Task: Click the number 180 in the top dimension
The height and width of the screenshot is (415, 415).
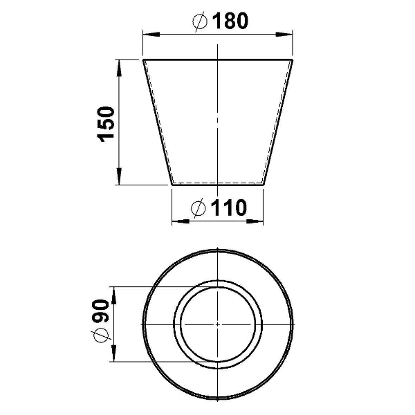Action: pyautogui.click(x=230, y=21)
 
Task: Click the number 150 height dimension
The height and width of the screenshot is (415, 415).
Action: pyautogui.click(x=107, y=124)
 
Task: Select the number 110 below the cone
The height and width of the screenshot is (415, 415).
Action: pyautogui.click(x=229, y=207)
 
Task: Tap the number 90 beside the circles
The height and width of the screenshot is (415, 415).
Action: pyautogui.click(x=101, y=311)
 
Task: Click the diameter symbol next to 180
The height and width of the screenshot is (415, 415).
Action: pyautogui.click(x=200, y=21)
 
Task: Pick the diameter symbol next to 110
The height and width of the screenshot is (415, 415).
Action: pyautogui.click(x=199, y=208)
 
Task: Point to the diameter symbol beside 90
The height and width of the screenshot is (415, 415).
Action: pyautogui.click(x=102, y=335)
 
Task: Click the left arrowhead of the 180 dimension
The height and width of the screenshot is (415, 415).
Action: pyautogui.click(x=151, y=35)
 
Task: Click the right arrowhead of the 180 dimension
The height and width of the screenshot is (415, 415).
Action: pyautogui.click(x=284, y=35)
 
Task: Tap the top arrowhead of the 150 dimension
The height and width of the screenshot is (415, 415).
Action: pyautogui.click(x=119, y=68)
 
